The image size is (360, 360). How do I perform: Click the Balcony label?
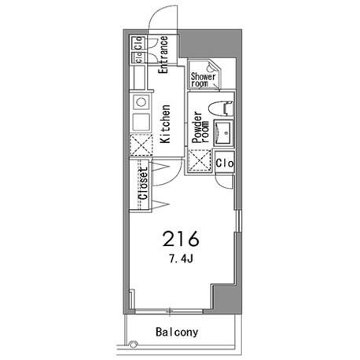pos(177,332)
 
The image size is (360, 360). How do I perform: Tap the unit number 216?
pos(181,239)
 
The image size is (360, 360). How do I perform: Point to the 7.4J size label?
pos(181,259)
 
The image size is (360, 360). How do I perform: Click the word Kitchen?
pos(165,124)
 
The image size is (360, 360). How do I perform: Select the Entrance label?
pos(163,55)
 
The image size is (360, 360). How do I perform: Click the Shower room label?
pos(203,80)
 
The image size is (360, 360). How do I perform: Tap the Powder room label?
pos(200,127)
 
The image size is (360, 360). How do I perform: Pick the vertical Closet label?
pos(143,184)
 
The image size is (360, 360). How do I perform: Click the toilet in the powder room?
pos(220,108)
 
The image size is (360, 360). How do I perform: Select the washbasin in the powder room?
pos(223,133)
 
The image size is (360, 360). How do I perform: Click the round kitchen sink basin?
pos(141,102)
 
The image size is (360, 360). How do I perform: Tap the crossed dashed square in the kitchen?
pos(141,145)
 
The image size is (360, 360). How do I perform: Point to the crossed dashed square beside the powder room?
pos(200,160)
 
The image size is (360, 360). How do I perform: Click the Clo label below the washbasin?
pos(225,163)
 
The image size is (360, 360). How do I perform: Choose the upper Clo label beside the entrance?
pos(138,42)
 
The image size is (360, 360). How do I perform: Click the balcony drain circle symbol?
pos(134,344)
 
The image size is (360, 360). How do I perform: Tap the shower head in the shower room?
pos(210,68)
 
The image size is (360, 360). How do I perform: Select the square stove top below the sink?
pos(141,122)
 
